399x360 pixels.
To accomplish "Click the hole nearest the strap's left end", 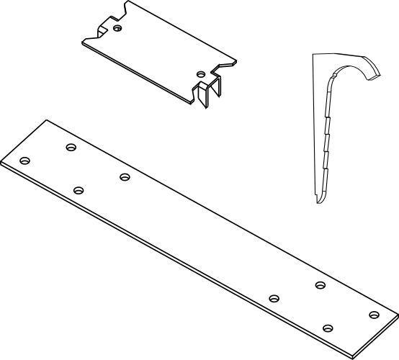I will (x=25, y=161).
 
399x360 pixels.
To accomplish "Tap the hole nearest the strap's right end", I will (x=373, y=315).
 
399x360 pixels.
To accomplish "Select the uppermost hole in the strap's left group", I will (x=71, y=148).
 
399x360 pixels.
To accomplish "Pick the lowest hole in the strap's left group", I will (x=79, y=190).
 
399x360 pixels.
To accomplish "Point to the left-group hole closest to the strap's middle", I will (x=125, y=176).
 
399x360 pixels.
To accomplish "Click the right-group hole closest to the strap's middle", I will (x=274, y=298).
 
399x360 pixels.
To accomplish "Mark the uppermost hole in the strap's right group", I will (x=320, y=286).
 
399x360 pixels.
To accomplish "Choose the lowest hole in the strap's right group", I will (x=328, y=328).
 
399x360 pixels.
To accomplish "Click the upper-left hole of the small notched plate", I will (x=119, y=28).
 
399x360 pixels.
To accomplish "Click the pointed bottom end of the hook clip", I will (x=318, y=202).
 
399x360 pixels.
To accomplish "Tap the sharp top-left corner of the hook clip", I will (x=312, y=54).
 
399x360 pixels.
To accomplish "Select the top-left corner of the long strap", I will (x=46, y=120).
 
